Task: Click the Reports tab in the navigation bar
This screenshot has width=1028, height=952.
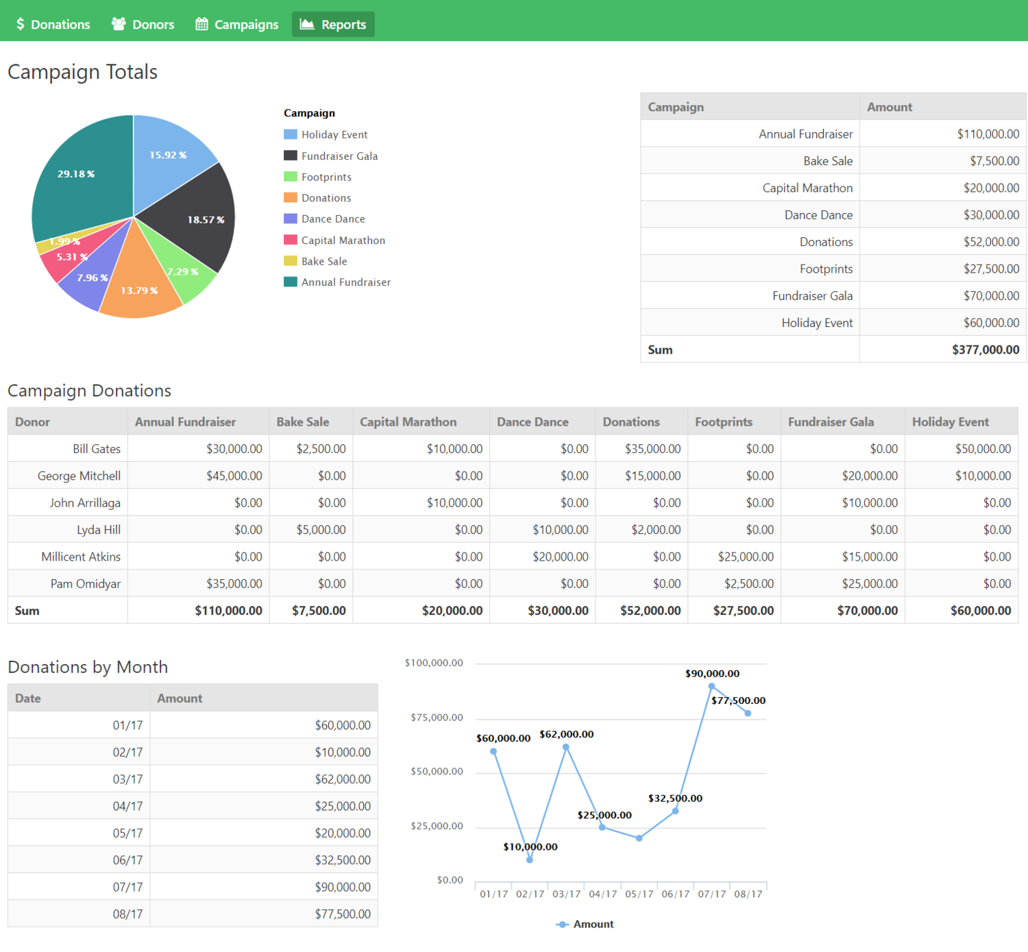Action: tap(333, 25)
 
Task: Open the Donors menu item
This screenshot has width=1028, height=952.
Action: tap(143, 25)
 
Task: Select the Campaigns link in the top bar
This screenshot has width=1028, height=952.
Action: tap(237, 25)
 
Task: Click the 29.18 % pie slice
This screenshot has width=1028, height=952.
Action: tap(82, 178)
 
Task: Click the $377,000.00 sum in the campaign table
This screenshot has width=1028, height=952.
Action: tap(985, 350)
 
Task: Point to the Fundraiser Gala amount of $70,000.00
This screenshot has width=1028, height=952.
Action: tap(991, 296)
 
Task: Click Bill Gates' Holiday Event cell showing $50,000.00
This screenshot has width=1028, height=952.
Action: tap(983, 449)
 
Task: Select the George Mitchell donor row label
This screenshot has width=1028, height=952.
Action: tap(79, 476)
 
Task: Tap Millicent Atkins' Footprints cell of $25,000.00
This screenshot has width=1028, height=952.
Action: tap(746, 557)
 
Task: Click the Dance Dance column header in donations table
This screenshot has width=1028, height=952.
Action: tap(533, 422)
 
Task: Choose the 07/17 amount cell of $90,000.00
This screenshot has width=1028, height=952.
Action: tap(343, 887)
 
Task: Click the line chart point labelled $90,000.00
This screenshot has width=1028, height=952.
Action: tap(711, 686)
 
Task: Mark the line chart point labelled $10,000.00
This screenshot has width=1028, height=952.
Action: tap(530, 859)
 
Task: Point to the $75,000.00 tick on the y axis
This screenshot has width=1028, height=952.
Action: tap(437, 718)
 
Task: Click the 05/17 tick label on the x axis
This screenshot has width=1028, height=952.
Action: tap(639, 894)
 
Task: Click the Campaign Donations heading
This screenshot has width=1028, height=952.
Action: tap(89, 391)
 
